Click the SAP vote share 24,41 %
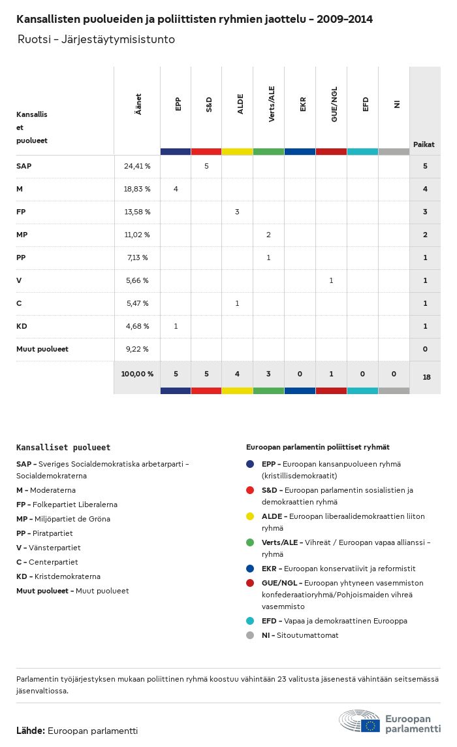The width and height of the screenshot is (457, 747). [137, 166]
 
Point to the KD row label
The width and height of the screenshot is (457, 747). [22, 326]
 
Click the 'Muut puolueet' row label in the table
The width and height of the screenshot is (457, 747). [42, 349]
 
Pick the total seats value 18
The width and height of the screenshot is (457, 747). [425, 377]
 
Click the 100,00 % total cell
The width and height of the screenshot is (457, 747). [137, 374]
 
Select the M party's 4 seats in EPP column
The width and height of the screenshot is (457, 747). [176, 189]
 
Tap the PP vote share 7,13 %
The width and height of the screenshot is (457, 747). [137, 257]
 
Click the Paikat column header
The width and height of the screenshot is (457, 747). [424, 144]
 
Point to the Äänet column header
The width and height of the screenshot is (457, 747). [138, 105]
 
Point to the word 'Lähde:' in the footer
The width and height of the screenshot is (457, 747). [31, 731]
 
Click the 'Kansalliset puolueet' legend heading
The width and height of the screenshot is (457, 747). [63, 448]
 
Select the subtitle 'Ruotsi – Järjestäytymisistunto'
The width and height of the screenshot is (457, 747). [96, 39]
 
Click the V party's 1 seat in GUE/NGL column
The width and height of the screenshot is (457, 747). [331, 280]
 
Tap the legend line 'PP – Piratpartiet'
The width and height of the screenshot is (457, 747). [44, 533]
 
